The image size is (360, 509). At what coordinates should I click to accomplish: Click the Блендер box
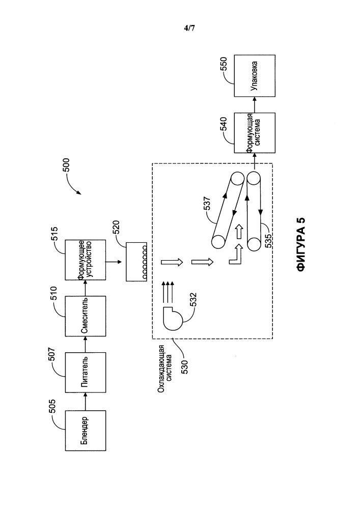(86, 431)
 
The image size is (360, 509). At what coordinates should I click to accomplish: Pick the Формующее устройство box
(86, 260)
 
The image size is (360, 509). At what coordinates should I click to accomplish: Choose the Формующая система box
(254, 132)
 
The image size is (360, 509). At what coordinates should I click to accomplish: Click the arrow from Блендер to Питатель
(86, 401)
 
